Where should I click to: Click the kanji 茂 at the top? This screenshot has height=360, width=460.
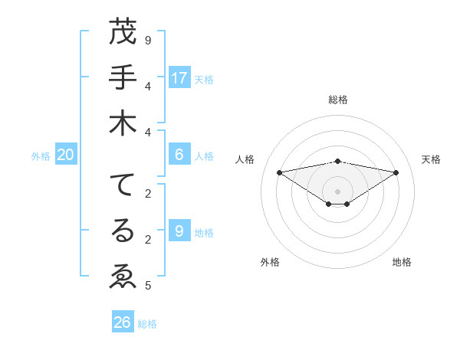pyautogui.click(x=123, y=33)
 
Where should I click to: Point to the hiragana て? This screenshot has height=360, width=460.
pyautogui.click(x=123, y=186)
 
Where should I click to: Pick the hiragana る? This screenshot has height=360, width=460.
pyautogui.click(x=123, y=231)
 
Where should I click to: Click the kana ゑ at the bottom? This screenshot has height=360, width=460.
pyautogui.click(x=123, y=276)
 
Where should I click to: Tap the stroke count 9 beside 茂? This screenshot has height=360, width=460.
pyautogui.click(x=148, y=39)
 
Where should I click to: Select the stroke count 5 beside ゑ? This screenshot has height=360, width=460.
pyautogui.click(x=148, y=286)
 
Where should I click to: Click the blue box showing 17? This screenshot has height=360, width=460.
pyautogui.click(x=179, y=78)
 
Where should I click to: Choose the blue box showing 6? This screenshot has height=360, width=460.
pyautogui.click(x=179, y=155)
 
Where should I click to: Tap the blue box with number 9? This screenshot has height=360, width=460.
pyautogui.click(x=179, y=231)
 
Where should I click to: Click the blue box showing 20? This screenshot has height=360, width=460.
pyautogui.click(x=66, y=155)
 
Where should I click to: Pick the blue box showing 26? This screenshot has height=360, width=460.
pyautogui.click(x=123, y=322)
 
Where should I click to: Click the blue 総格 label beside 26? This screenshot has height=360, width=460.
pyautogui.click(x=147, y=324)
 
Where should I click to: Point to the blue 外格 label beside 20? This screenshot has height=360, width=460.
pyautogui.click(x=41, y=156)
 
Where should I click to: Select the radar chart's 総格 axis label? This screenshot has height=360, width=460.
pyautogui.click(x=338, y=100)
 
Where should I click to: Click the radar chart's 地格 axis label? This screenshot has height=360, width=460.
pyautogui.click(x=402, y=262)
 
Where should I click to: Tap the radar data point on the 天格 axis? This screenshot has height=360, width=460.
pyautogui.click(x=396, y=172)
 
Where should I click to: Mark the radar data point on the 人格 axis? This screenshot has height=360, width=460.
pyautogui.click(x=279, y=172)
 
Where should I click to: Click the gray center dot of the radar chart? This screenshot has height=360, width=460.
pyautogui.click(x=338, y=191)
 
